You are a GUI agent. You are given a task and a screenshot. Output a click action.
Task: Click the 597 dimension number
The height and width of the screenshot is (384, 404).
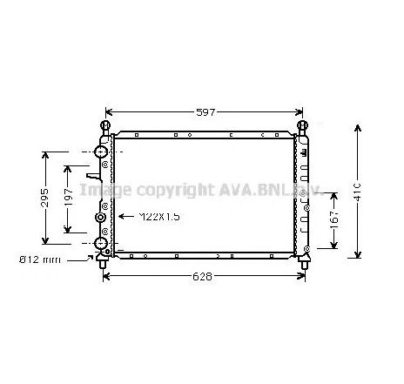(205, 112)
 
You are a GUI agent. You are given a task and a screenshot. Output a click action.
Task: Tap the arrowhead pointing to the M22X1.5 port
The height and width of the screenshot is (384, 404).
(121, 216)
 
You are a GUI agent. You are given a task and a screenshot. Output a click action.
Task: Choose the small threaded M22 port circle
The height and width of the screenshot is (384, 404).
(101, 217)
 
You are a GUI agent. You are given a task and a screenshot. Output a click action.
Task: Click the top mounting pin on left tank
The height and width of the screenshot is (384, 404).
(104, 127)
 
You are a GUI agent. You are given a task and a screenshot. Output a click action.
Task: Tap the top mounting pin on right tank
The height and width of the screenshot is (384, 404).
(305, 127)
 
